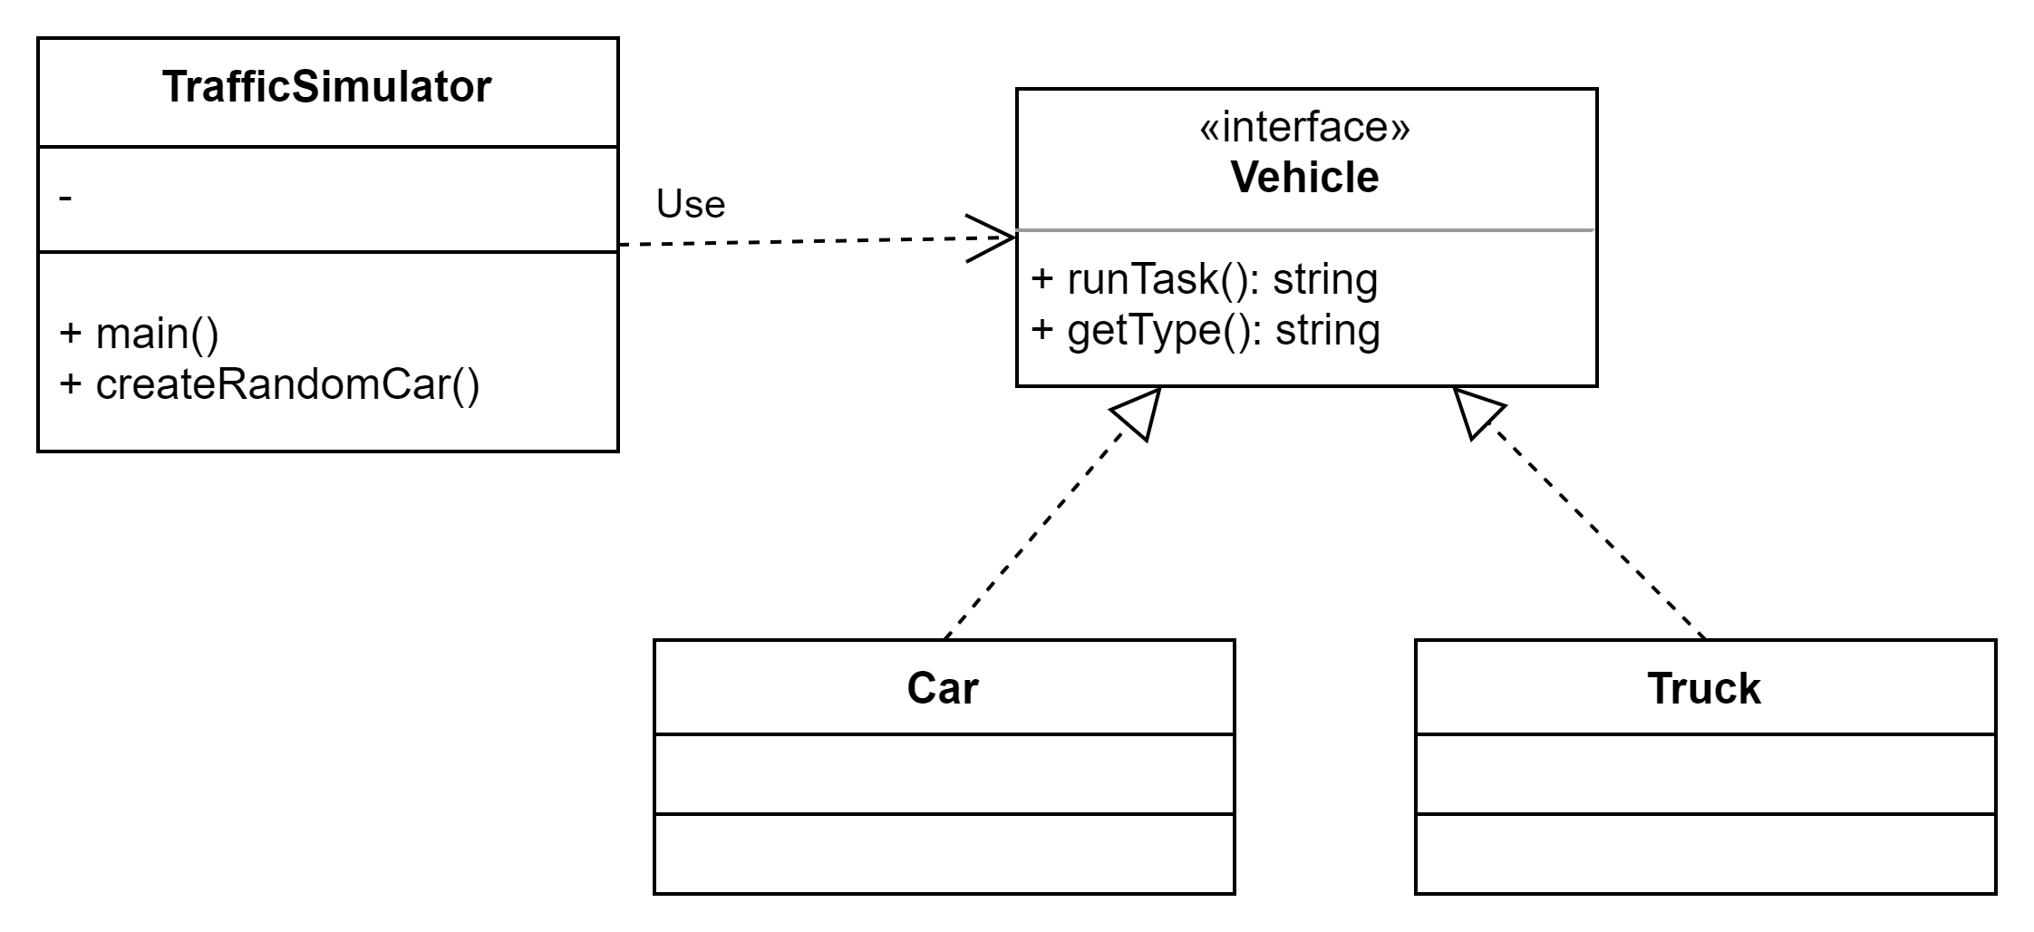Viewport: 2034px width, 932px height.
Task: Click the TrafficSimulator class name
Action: [326, 88]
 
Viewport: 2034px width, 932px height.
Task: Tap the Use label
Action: [690, 204]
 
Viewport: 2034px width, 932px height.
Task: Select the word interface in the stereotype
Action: [1305, 128]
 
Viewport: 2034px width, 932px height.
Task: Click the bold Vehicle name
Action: [1304, 177]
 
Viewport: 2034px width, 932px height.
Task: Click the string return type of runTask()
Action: [1324, 279]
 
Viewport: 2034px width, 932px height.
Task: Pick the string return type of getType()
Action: [1327, 330]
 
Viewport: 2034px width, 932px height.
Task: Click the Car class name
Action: [943, 688]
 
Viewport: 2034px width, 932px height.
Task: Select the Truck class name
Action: [1703, 688]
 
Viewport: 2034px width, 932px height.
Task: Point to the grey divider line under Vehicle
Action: [1305, 230]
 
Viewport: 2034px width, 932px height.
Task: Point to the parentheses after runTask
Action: [1234, 279]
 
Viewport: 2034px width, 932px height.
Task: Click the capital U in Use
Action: [669, 204]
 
